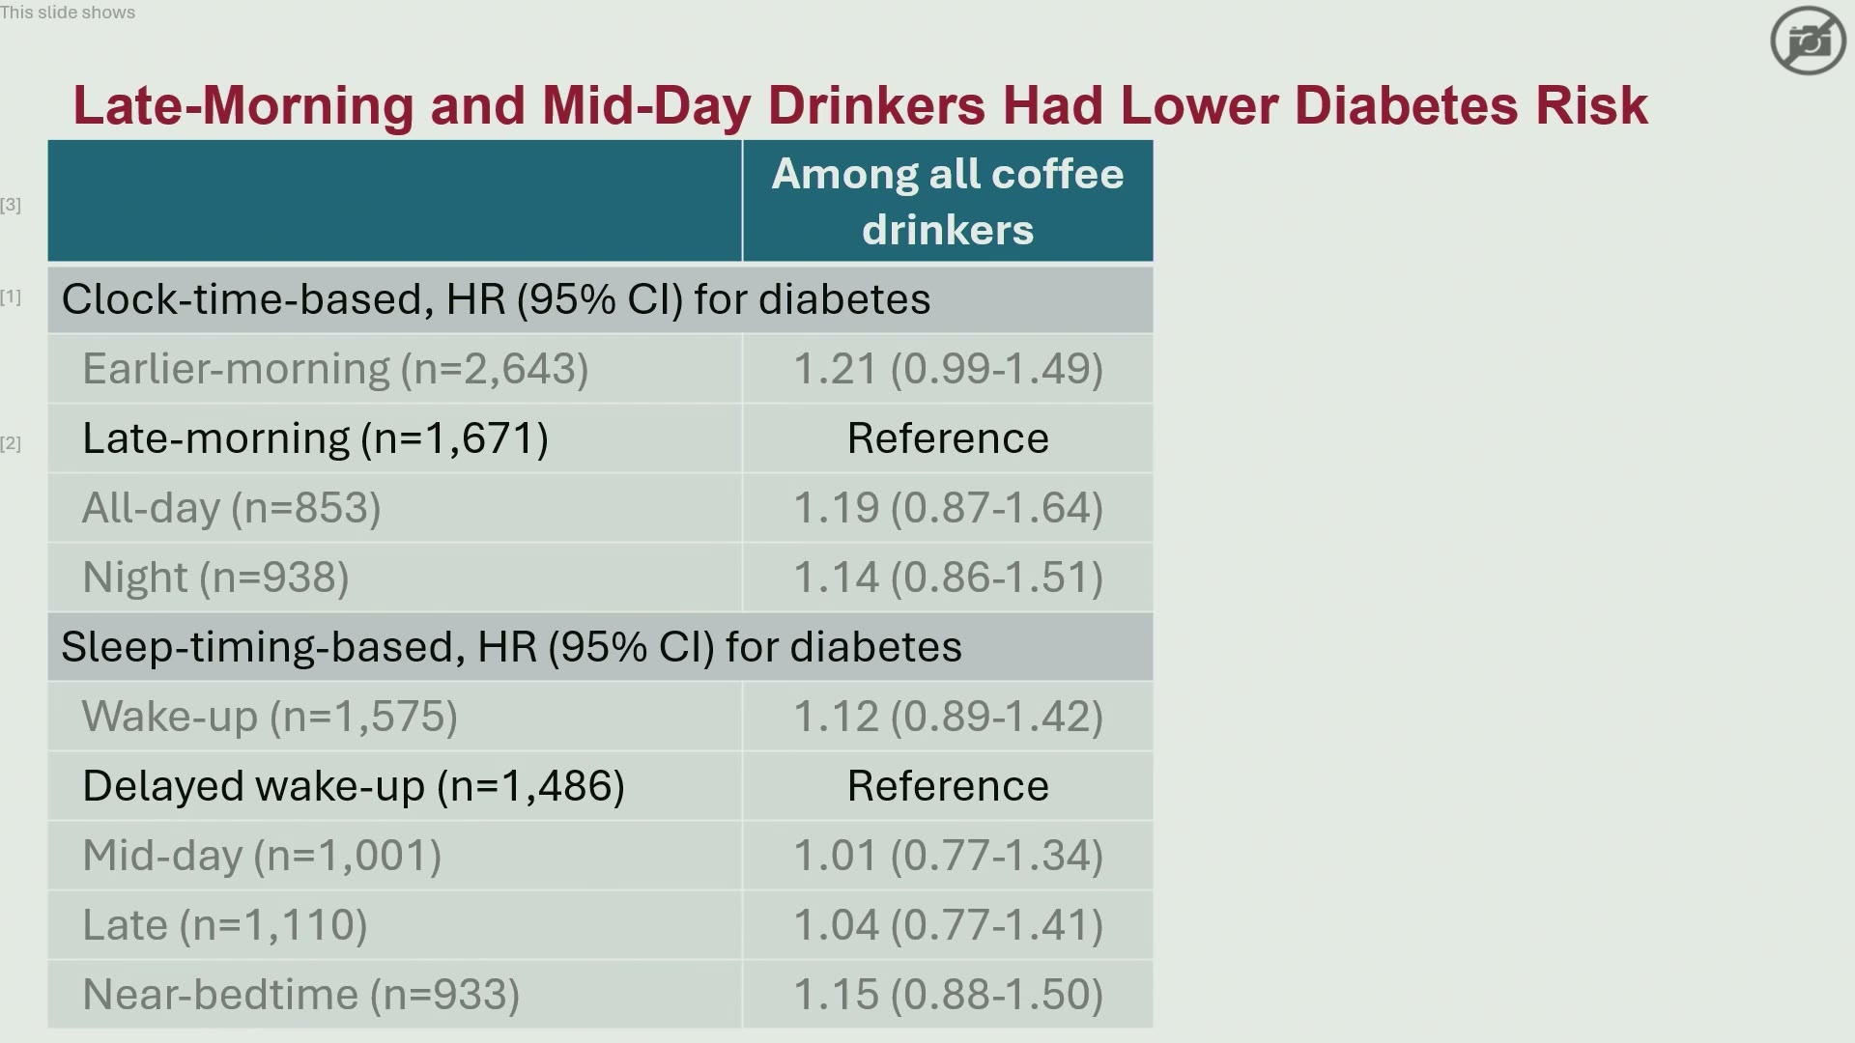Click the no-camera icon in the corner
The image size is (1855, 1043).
click(x=1808, y=41)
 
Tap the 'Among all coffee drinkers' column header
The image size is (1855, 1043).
click(x=947, y=202)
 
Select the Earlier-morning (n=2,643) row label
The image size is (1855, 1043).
click(x=335, y=369)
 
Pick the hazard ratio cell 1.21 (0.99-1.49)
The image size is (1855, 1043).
click(x=948, y=369)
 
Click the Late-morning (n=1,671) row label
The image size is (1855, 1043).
click(x=315, y=438)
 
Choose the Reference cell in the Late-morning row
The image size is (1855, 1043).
click(x=948, y=438)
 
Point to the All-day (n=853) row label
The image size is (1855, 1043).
click(x=232, y=508)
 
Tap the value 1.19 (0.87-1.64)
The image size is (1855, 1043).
click(x=948, y=508)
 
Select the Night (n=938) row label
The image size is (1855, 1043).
click(x=215, y=578)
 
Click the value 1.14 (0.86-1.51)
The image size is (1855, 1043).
click(x=948, y=578)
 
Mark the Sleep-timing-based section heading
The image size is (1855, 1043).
click(x=511, y=647)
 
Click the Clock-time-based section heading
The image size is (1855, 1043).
click(x=496, y=299)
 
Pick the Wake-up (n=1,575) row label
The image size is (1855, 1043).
click(x=270, y=717)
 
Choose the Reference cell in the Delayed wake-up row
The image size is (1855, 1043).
click(x=948, y=786)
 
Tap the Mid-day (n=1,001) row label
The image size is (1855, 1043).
click(x=262, y=856)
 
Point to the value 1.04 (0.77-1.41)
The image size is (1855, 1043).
click(x=948, y=925)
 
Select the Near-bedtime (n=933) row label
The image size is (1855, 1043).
click(x=300, y=995)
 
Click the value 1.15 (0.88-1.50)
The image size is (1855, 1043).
click(x=948, y=995)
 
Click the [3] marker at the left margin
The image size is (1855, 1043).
click(x=11, y=205)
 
